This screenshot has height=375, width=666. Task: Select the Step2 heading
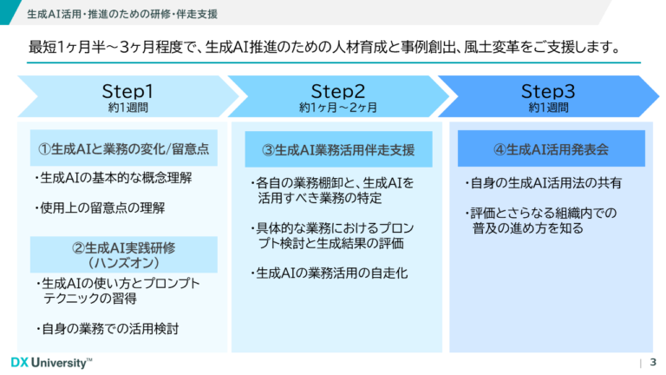(x=337, y=91)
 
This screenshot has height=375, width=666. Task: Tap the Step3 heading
(x=548, y=91)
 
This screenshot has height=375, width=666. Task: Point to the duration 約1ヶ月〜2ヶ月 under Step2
(x=338, y=109)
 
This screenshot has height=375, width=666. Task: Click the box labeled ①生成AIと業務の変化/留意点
(x=123, y=148)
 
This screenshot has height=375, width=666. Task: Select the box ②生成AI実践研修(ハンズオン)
(x=123, y=253)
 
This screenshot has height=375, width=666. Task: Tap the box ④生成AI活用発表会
(x=551, y=148)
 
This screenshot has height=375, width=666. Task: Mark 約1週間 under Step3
(x=548, y=109)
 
